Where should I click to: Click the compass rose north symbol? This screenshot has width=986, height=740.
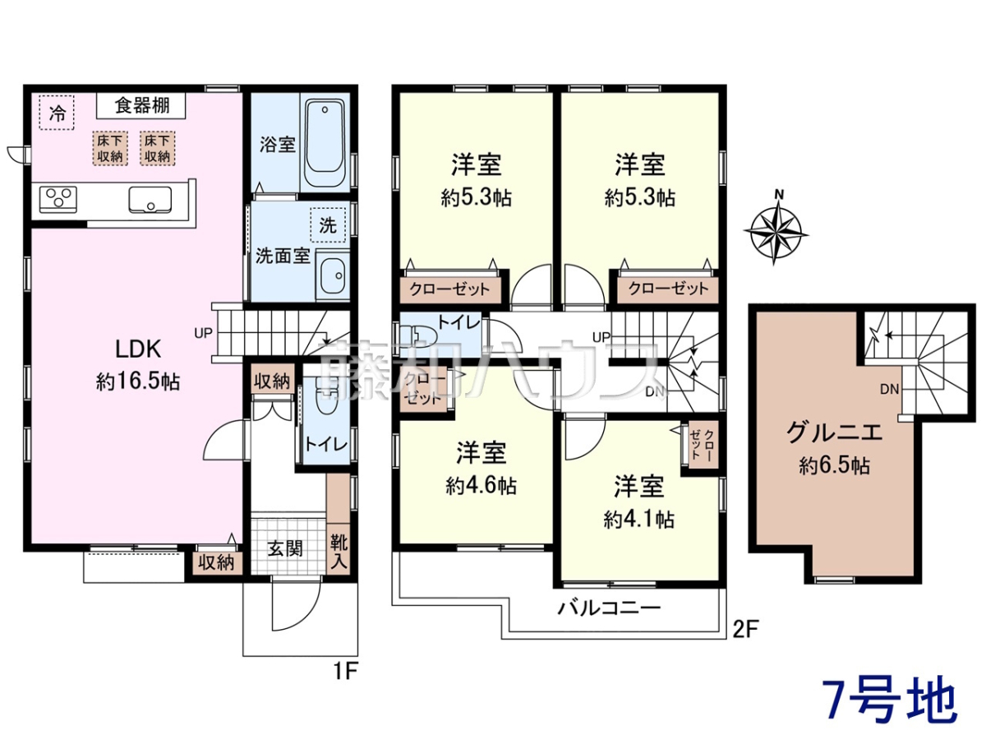point(776,229)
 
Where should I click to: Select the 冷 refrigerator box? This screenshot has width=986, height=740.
point(57,113)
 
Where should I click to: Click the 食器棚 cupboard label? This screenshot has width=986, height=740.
point(141,106)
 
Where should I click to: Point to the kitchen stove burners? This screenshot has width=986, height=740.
point(58,200)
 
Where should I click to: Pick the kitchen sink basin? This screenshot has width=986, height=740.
point(150,200)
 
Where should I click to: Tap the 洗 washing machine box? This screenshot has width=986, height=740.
point(328,224)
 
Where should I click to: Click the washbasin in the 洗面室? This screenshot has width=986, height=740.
point(333,275)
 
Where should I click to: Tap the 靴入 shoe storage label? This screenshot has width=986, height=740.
point(339,553)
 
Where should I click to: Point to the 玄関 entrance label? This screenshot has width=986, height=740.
point(285,549)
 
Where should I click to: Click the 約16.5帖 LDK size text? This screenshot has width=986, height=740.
point(138,382)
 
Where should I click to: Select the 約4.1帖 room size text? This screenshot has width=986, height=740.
point(638,520)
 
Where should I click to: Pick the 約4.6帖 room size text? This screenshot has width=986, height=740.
point(481,486)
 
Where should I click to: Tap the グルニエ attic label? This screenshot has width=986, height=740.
point(835,432)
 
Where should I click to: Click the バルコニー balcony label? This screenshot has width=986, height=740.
point(609,608)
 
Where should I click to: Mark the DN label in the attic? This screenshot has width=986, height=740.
point(889,389)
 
